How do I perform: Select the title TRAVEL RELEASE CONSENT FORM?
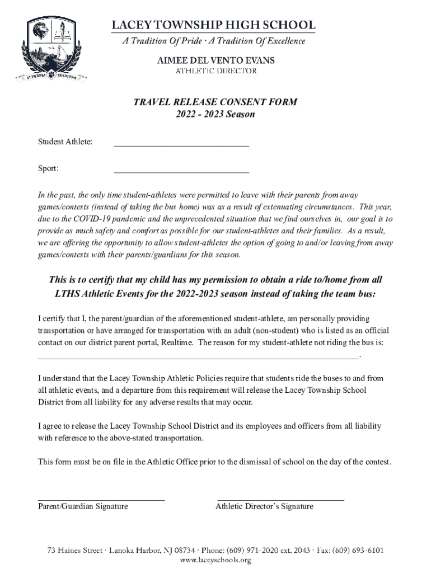[215, 102]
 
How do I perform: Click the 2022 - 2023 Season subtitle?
[215, 114]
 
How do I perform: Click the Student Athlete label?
[65, 142]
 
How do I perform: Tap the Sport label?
[48, 168]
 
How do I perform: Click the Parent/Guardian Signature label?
[83, 506]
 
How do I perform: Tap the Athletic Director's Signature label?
[264, 506]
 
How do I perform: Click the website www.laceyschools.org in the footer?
[215, 560]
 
